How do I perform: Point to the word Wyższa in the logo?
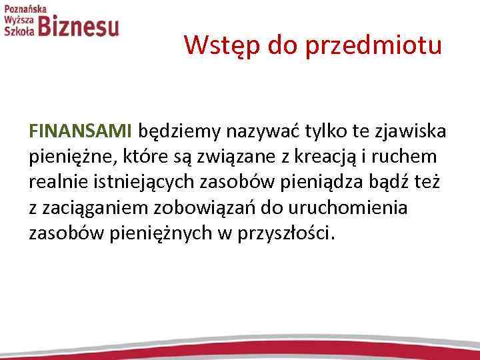click(18, 19)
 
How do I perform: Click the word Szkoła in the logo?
click(18, 31)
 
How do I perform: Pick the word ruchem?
click(413, 156)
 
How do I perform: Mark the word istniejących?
click(147, 183)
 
